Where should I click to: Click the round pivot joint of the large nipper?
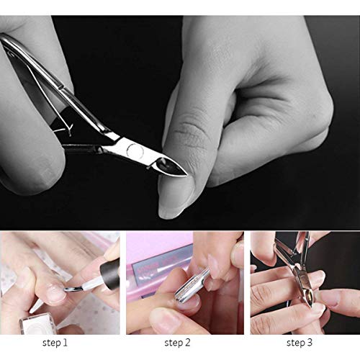point(135,151)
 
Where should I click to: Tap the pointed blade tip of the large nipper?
point(186,174)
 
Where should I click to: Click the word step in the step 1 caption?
point(50,343)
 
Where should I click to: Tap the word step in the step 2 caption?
point(173,343)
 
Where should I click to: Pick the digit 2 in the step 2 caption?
point(186,342)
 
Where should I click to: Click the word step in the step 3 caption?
point(294,343)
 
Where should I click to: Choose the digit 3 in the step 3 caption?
point(309,342)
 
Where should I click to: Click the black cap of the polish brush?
point(110,272)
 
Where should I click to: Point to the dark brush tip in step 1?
point(72,289)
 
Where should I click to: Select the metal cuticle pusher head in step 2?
point(189,285)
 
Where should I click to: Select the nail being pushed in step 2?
point(185,300)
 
